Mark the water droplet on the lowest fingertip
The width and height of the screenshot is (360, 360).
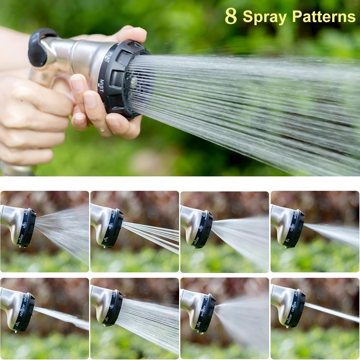pyautogui.click(x=103, y=130)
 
